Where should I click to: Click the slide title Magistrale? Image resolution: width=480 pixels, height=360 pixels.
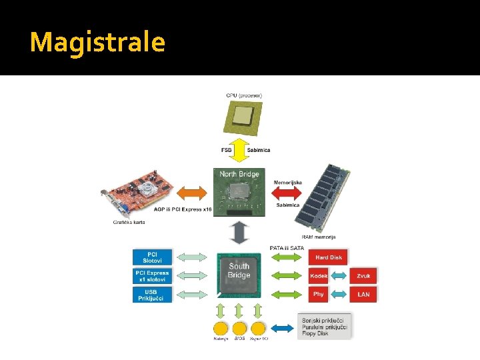[97, 42]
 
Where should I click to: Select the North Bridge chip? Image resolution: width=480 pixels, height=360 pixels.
[240, 192]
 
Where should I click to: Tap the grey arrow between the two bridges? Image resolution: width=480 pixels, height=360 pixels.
[239, 233]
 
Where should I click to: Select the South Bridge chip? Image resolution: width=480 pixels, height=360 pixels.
[239, 274]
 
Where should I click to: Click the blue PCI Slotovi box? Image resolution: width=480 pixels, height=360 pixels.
[152, 257]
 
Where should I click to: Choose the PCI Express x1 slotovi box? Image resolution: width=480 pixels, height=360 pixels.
[152, 275]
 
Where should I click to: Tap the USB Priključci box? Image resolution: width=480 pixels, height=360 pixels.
[152, 294]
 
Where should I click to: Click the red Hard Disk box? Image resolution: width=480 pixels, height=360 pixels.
[327, 257]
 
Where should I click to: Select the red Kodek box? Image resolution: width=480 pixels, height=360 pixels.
[319, 275]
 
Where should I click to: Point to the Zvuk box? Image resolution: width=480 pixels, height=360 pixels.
[363, 275]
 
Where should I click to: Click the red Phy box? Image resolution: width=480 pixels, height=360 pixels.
[319, 294]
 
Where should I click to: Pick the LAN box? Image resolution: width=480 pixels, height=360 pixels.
[363, 294]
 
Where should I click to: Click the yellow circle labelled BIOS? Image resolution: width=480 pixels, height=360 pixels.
[239, 328]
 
